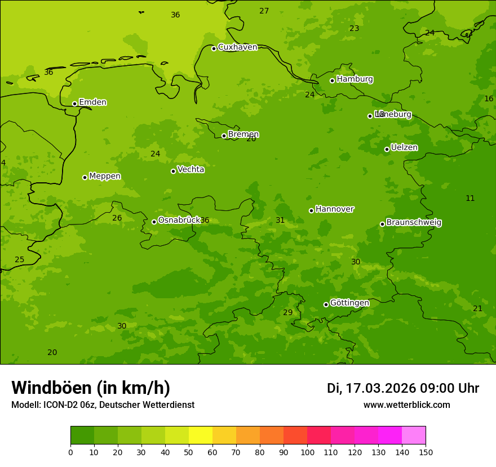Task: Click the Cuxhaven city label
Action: pyautogui.click(x=237, y=47)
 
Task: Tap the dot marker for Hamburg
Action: pyautogui.click(x=332, y=80)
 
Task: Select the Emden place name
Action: pyautogui.click(x=92, y=102)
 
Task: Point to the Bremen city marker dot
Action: pyautogui.click(x=224, y=136)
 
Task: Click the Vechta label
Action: pyautogui.click(x=191, y=169)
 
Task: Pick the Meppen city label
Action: pyautogui.click(x=105, y=176)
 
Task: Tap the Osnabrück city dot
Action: pyautogui.click(x=154, y=222)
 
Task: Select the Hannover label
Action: pyautogui.click(x=334, y=209)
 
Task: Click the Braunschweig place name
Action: pyautogui.click(x=414, y=223)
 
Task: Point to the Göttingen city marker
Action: pyautogui.click(x=326, y=304)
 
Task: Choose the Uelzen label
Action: pyautogui.click(x=404, y=147)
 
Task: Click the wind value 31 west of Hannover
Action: pyautogui.click(x=280, y=221)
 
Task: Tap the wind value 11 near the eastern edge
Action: pyautogui.click(x=470, y=199)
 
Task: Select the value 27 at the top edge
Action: pyautogui.click(x=264, y=11)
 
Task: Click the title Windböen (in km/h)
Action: pyautogui.click(x=91, y=388)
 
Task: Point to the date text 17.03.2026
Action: pyautogui.click(x=380, y=388)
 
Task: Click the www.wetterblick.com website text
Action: pyautogui.click(x=406, y=405)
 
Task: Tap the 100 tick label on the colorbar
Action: pyautogui.click(x=307, y=452)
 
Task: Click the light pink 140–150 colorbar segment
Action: pyautogui.click(x=414, y=435)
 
